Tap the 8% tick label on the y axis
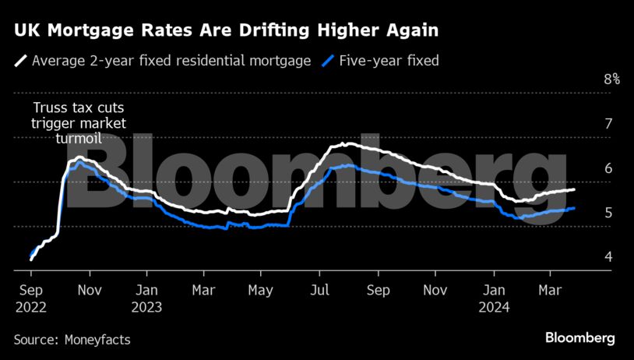coord(611,79)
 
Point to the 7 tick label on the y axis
coord(609,124)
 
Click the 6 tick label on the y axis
coord(609,168)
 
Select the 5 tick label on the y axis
coord(609,213)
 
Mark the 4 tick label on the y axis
coord(609,257)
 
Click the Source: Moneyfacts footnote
coord(72,340)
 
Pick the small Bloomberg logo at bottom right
coord(579,338)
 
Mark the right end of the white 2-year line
coord(574,189)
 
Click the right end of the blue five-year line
coord(574,208)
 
